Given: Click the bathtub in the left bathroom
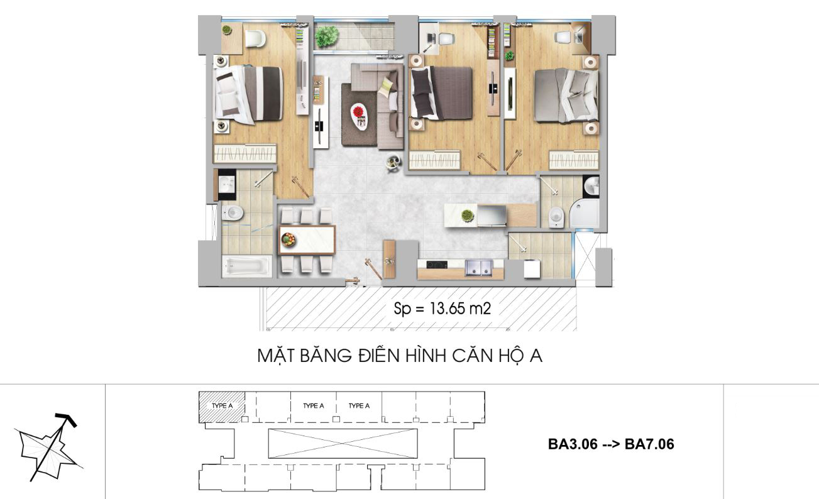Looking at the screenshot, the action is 247,266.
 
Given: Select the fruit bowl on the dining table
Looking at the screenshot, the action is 289,240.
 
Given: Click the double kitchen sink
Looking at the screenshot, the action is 478,267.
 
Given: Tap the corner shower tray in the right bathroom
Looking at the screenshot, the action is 584,214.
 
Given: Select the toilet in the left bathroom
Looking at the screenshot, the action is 233,213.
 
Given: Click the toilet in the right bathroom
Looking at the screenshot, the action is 556,217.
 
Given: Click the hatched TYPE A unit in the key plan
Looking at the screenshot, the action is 222,407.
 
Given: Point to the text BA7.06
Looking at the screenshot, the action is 649,444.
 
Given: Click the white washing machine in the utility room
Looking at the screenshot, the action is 532,269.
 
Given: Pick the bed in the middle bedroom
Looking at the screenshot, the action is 441,93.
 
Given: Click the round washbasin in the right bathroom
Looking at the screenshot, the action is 591,185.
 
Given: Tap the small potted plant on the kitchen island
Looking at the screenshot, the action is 466,216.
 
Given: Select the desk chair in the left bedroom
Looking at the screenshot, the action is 255,38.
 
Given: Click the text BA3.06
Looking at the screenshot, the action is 573,444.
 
